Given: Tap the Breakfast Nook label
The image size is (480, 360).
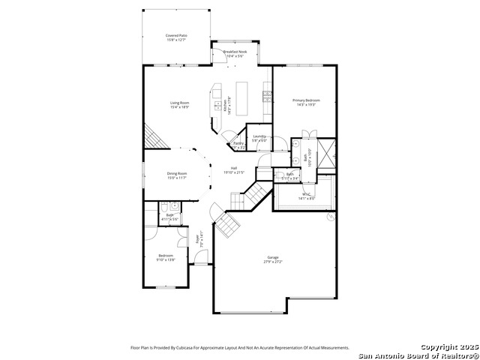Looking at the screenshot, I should pyautogui.click(x=236, y=52).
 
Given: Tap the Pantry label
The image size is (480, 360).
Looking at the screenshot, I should pyautogui.click(x=238, y=143).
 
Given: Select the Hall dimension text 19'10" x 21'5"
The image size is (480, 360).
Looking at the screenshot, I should pyautogui.click(x=234, y=172).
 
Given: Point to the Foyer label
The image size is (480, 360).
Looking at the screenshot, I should pyautogui.click(x=198, y=240).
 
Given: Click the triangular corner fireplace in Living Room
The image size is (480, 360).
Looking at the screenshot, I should pyautogui.click(x=152, y=136).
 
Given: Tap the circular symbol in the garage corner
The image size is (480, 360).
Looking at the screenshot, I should pyautogui.click(x=331, y=217).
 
